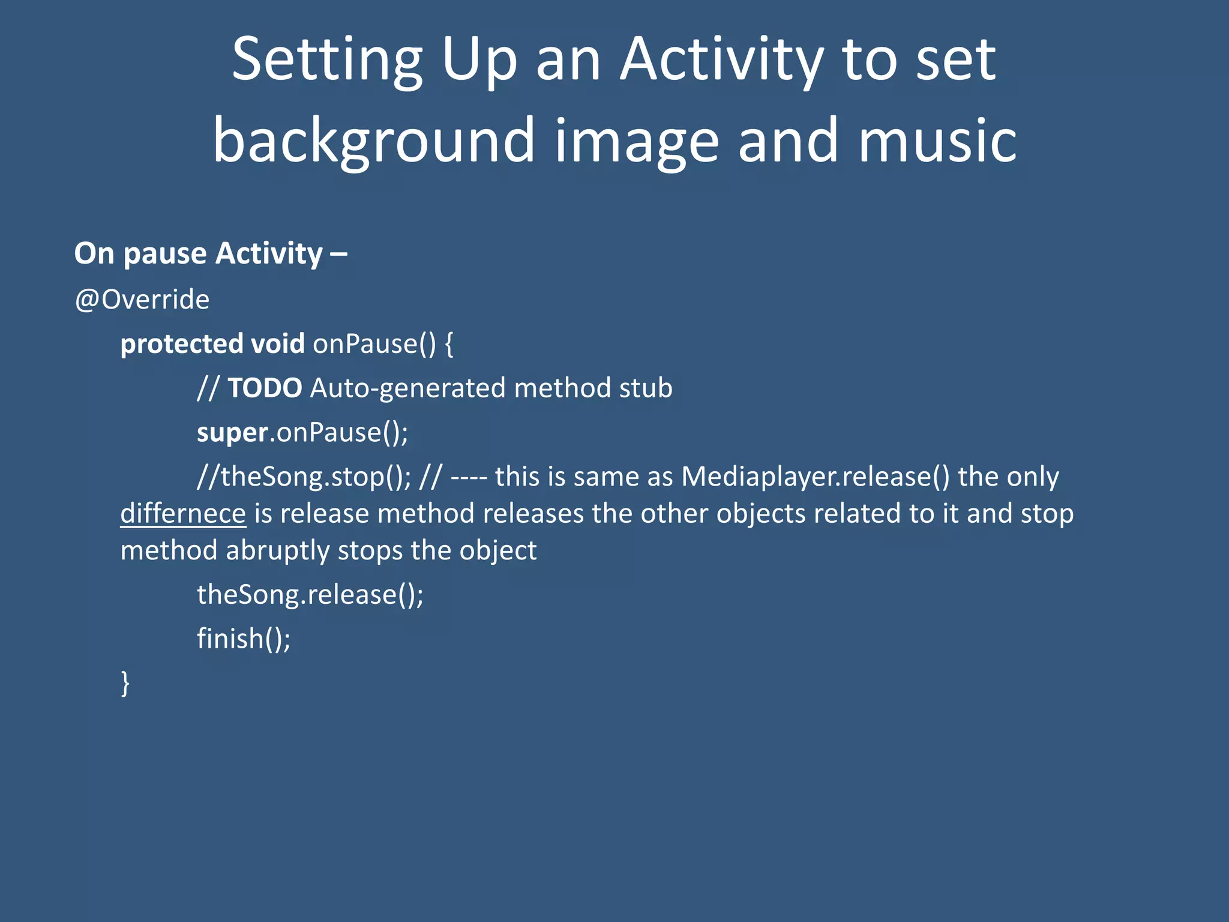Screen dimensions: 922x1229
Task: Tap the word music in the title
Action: (937, 141)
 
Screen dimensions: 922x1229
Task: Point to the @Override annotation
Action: (142, 300)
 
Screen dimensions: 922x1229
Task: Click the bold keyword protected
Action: (181, 345)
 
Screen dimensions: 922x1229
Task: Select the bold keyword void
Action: (277, 344)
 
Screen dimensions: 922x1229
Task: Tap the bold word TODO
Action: (265, 388)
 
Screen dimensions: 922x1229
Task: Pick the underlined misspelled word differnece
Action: (183, 514)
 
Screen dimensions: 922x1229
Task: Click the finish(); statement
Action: (244, 639)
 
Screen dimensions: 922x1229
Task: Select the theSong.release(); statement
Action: (310, 595)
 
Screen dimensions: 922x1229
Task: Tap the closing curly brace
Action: (125, 683)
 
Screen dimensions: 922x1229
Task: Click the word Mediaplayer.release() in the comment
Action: (816, 477)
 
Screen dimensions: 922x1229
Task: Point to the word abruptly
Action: (277, 551)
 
